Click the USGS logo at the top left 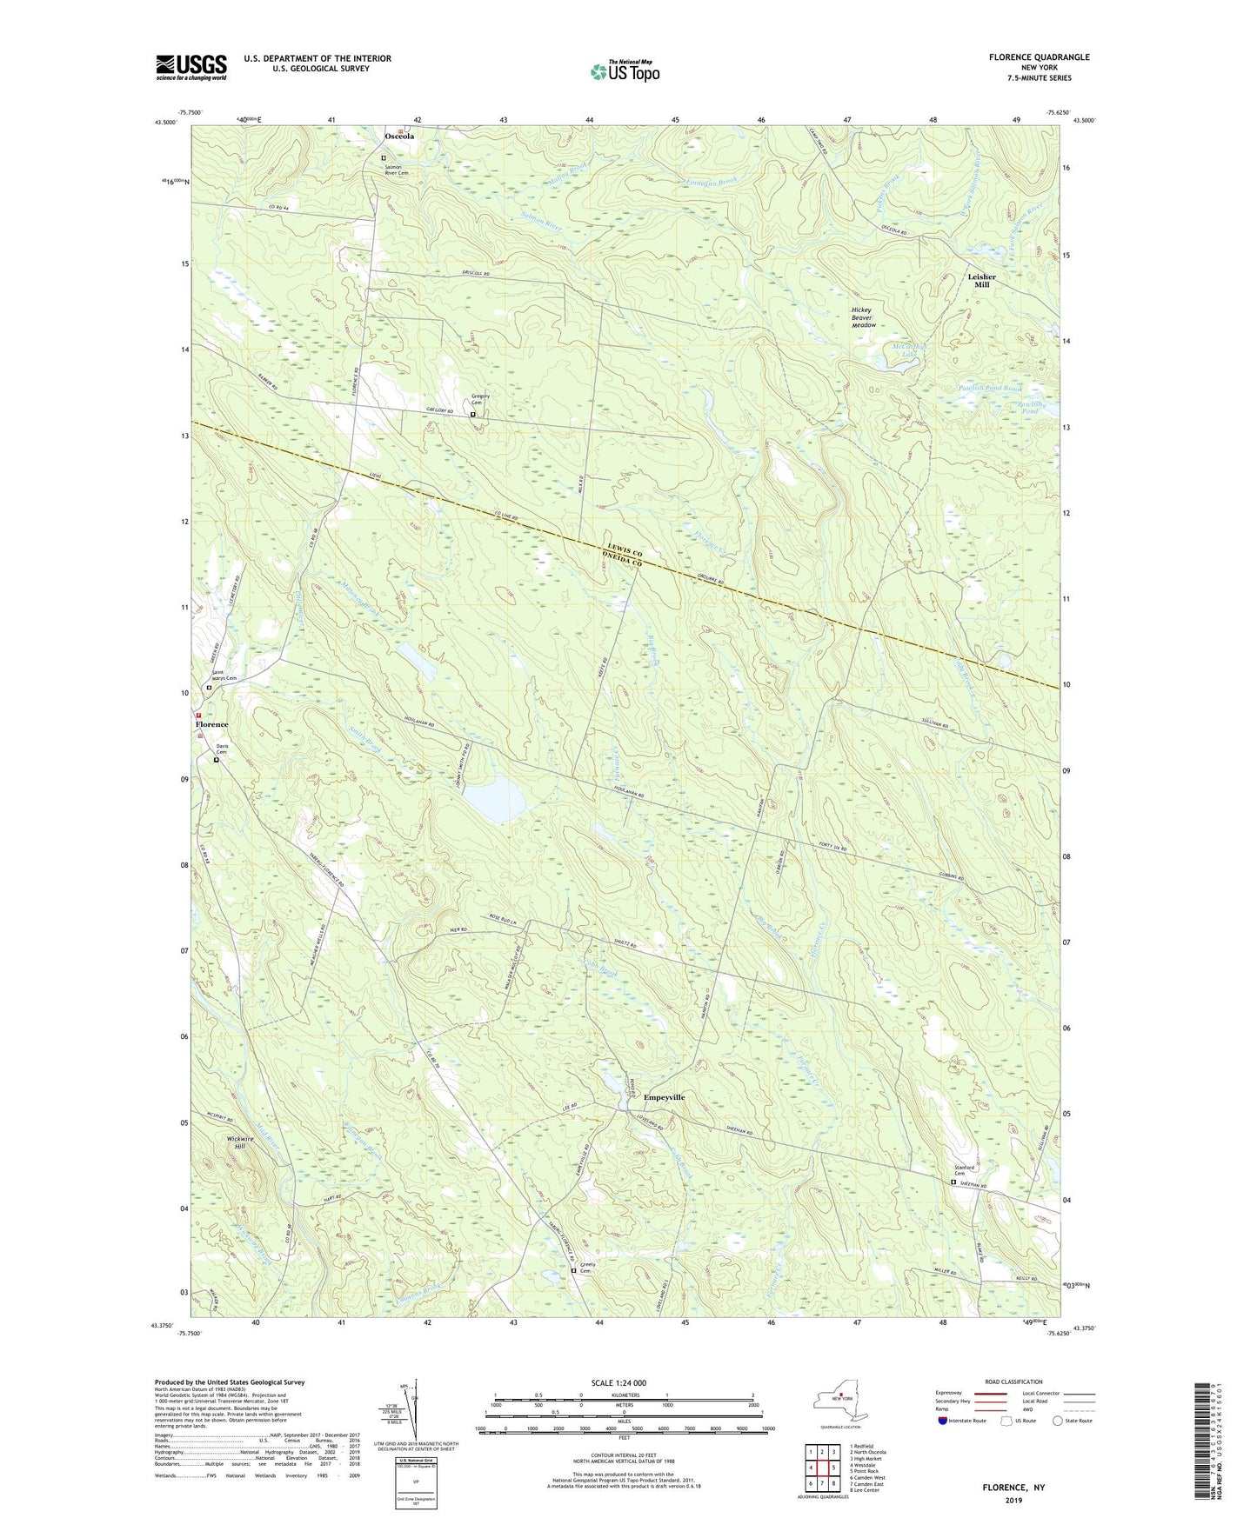(191, 67)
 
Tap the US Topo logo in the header (624, 72)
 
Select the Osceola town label (399, 136)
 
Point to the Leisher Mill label (981, 281)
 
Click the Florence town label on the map (211, 724)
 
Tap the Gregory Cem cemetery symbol (473, 415)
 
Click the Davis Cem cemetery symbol (217, 760)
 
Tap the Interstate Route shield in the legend (943, 1421)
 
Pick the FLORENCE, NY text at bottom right (1013, 1488)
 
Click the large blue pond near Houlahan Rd (492, 802)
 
